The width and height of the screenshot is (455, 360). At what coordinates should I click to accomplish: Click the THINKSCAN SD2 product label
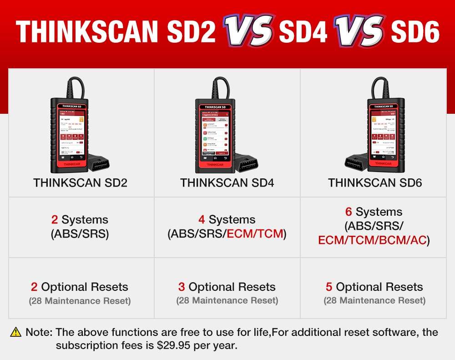click(80, 183)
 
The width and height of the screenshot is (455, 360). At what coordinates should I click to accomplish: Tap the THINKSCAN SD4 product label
click(227, 183)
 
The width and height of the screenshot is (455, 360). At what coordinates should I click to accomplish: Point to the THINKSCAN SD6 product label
click(375, 183)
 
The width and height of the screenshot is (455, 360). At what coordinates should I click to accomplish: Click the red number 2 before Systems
click(55, 220)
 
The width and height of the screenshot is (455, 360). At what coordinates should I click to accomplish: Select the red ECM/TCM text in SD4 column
click(255, 234)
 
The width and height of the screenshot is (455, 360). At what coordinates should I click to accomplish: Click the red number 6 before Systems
click(349, 212)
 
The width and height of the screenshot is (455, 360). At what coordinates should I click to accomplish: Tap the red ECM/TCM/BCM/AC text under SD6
click(373, 240)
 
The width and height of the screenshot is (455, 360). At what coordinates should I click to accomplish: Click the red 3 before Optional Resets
click(182, 287)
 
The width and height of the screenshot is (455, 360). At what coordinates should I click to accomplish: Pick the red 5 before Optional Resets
click(329, 287)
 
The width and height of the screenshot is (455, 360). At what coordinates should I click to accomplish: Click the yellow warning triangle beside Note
click(16, 333)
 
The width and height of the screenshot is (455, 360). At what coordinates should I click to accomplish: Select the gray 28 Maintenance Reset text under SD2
click(80, 301)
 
